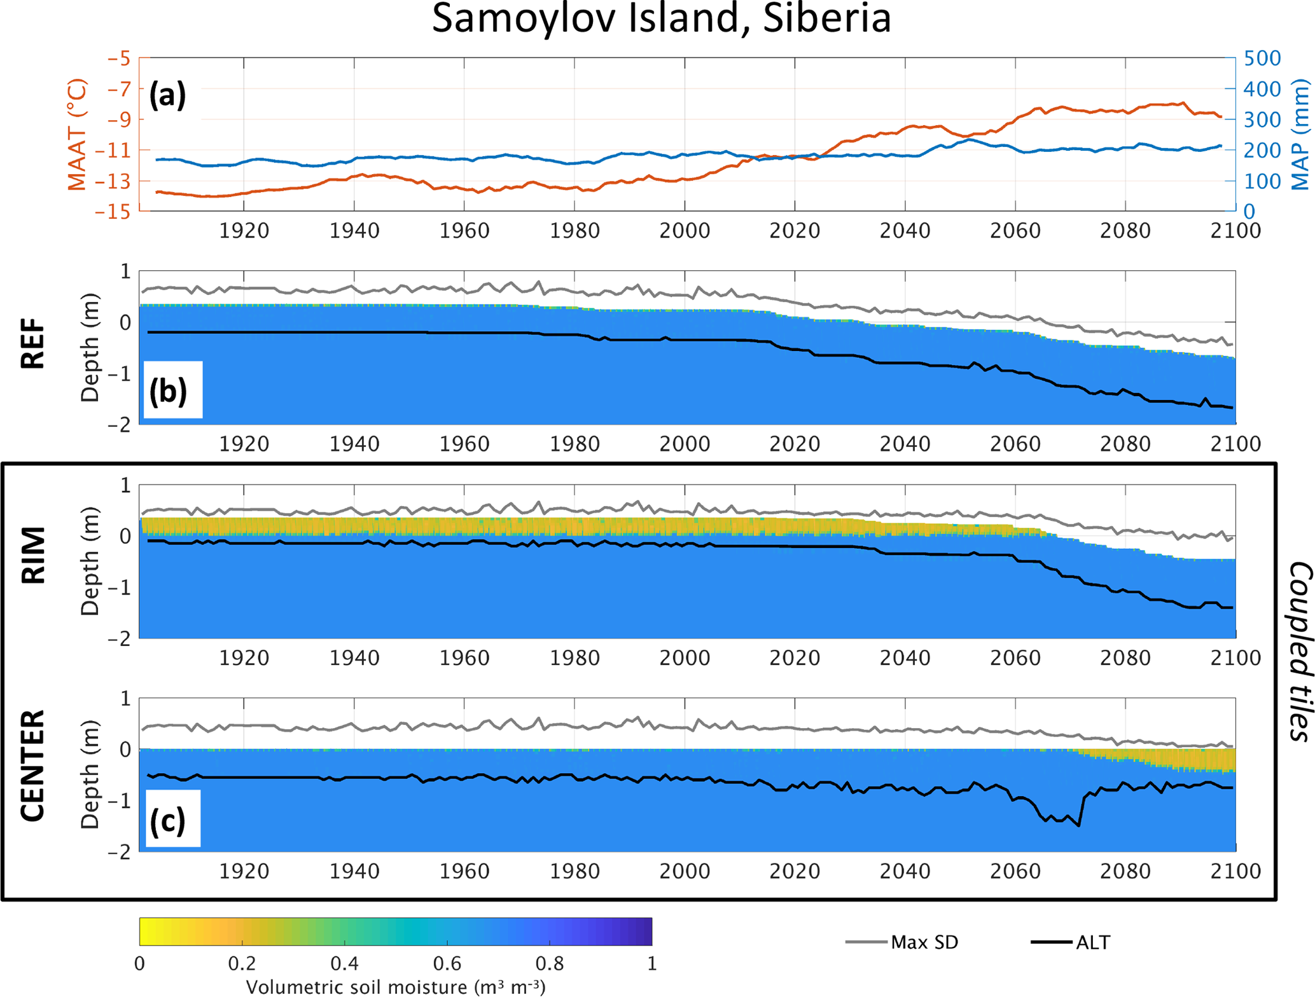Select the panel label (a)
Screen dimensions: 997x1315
[x=167, y=95]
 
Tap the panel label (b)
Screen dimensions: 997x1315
[x=168, y=390]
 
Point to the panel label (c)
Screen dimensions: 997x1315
[x=168, y=820]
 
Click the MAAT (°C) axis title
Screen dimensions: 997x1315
[x=77, y=135]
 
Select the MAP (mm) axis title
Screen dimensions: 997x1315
[x=1301, y=135]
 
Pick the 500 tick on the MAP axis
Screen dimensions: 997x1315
[x=1262, y=58]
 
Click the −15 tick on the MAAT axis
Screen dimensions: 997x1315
[x=113, y=212]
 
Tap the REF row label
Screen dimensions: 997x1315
[x=33, y=343]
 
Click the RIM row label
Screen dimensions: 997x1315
[x=33, y=555]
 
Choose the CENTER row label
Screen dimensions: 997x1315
[x=33, y=767]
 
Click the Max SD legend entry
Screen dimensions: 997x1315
[x=924, y=942]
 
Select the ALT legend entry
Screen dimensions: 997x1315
[x=1092, y=942]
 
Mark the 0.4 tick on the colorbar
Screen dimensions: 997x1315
[x=344, y=964]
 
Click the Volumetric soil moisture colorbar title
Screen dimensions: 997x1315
[x=396, y=987]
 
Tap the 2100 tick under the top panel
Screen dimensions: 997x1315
[x=1235, y=230]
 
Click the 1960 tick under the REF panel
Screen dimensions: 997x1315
[x=464, y=444]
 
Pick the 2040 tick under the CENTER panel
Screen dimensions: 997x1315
[x=905, y=870]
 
